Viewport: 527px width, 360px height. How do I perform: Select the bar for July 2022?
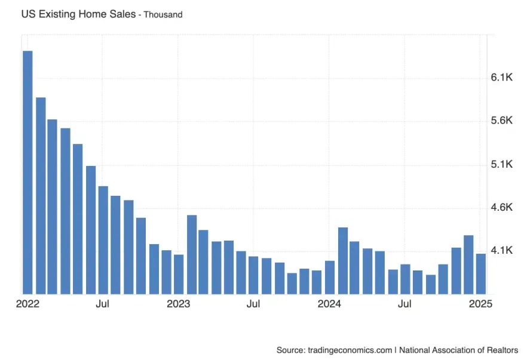[103, 239]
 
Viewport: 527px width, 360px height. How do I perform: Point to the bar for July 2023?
[254, 275]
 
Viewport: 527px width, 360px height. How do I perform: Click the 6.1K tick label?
[503, 78]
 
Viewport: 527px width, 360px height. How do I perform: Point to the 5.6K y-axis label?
[503, 121]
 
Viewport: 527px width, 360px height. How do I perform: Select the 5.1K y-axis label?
[503, 164]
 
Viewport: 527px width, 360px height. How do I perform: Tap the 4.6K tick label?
[503, 208]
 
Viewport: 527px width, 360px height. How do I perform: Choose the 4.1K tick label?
[503, 251]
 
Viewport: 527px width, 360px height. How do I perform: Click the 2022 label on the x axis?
[27, 304]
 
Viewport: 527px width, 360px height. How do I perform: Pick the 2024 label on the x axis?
[329, 304]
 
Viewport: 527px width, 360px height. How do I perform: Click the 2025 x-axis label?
[480, 304]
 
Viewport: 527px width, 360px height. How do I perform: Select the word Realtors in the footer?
[501, 349]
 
